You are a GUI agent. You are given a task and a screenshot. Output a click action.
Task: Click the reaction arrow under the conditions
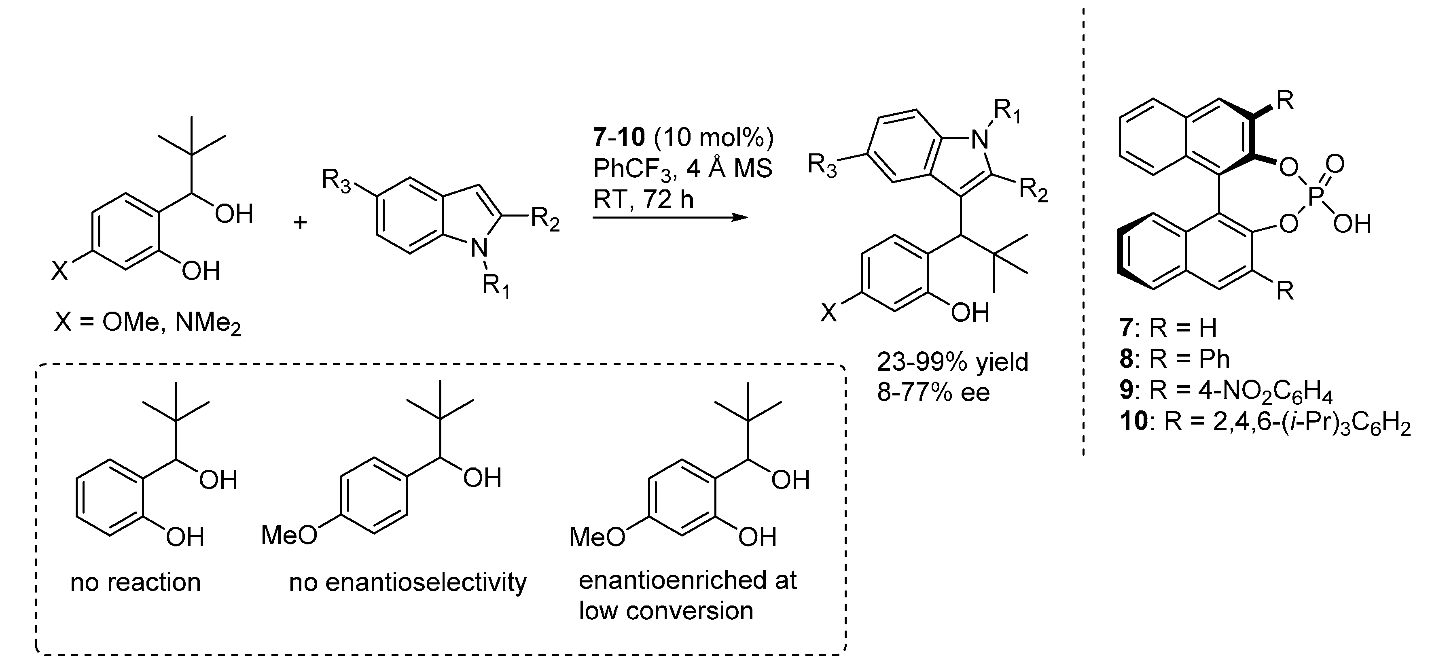click(669, 217)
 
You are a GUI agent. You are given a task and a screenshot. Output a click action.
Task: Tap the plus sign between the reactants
click(300, 223)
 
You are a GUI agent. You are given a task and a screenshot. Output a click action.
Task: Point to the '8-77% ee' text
click(933, 393)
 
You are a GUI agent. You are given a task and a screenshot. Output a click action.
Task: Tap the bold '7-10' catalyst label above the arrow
click(619, 137)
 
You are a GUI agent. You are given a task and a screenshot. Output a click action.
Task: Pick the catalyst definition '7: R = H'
click(1168, 328)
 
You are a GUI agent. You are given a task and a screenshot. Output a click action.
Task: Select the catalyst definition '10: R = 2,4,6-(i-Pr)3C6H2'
click(1265, 423)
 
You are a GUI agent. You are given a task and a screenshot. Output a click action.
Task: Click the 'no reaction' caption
click(136, 582)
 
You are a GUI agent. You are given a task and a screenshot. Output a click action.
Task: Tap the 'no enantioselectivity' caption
click(408, 582)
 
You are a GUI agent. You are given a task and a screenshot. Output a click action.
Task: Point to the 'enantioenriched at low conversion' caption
click(687, 595)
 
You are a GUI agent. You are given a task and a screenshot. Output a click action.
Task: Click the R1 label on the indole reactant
click(496, 285)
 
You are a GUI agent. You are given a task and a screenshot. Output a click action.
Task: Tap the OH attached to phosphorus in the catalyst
click(1352, 224)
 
